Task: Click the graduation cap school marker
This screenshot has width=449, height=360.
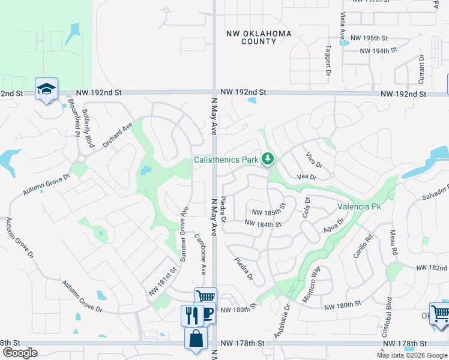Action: (46, 89)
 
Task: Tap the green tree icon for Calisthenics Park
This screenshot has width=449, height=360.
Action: (268, 159)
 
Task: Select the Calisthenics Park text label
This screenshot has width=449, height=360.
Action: (226, 160)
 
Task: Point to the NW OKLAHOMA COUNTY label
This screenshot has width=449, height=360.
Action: (259, 37)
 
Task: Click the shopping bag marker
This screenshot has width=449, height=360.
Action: (196, 338)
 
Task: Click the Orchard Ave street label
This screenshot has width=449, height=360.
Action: (117, 135)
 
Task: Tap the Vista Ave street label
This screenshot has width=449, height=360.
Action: (342, 27)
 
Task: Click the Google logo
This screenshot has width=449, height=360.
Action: (19, 353)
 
